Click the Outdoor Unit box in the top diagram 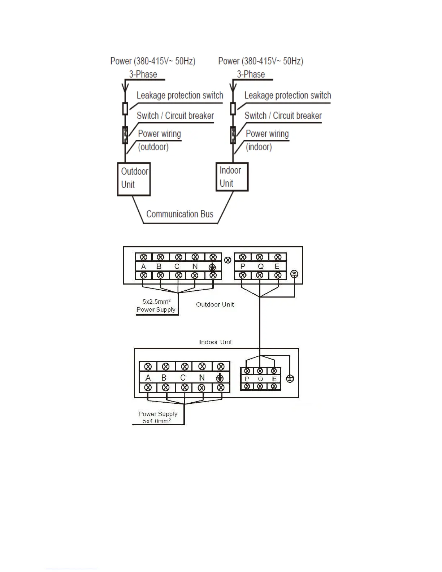coord(134,179)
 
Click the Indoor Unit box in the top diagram coord(231,177)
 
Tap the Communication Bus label coord(180,214)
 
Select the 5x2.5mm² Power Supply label coord(156,305)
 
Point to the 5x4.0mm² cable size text coord(157,421)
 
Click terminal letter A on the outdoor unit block coord(143,266)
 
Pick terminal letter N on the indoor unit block coord(202,378)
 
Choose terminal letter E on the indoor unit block coord(274,379)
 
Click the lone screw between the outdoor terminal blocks coord(227,260)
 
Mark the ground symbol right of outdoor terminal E coord(294,274)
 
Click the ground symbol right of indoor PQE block coord(290,379)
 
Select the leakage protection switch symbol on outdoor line coord(125,108)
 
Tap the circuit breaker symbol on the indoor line coord(233,135)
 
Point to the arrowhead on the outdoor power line coord(125,87)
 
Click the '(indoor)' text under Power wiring coord(259,147)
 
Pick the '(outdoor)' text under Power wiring coord(153,147)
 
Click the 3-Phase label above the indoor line coord(251,74)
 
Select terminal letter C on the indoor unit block coord(183,378)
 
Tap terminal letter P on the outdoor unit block coord(243,266)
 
